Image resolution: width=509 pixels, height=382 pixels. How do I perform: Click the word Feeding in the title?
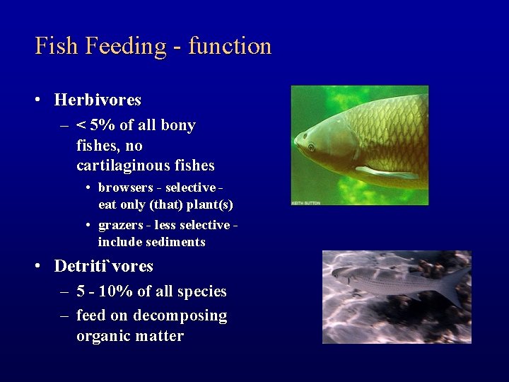click(125, 47)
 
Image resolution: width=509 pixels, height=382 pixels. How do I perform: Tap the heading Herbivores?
click(98, 100)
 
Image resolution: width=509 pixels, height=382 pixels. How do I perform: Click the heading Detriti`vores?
click(103, 267)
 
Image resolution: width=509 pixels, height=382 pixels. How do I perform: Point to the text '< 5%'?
click(96, 126)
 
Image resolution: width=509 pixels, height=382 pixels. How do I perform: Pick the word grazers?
click(118, 225)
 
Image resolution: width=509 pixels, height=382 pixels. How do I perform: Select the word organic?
click(102, 336)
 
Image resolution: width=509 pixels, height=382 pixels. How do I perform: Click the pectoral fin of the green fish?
click(385, 172)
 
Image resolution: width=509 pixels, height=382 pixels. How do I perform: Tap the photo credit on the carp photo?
click(306, 202)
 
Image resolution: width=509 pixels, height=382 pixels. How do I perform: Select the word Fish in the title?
click(56, 46)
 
